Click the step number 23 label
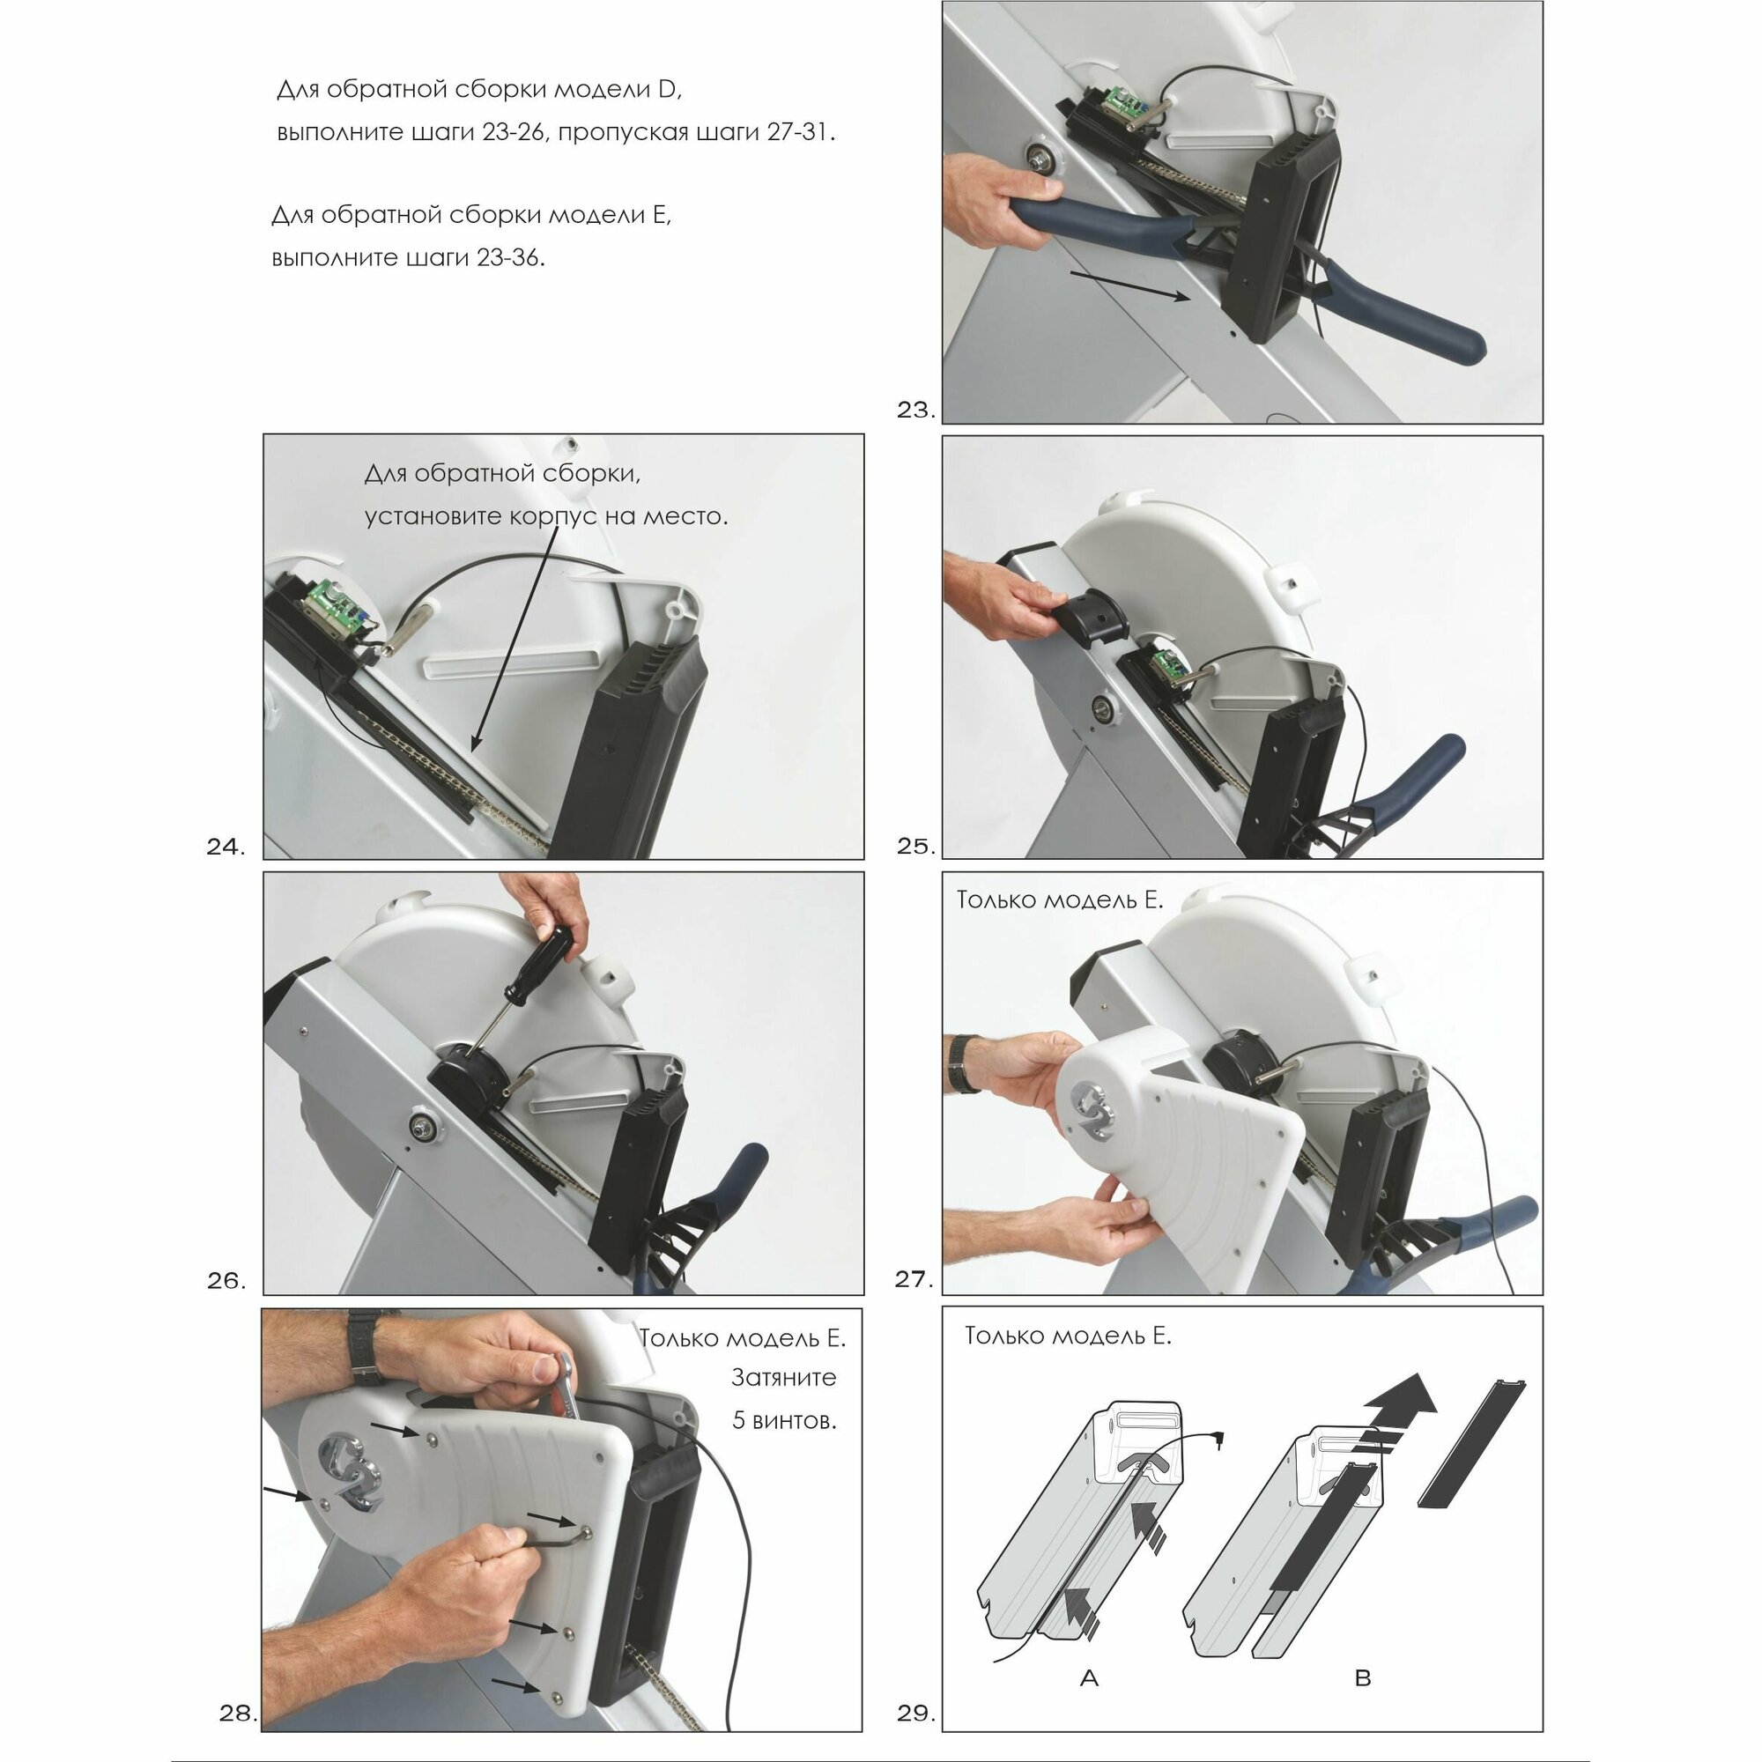916,411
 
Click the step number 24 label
226,848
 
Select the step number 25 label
916,847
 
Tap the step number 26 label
226,1281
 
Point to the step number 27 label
914,1279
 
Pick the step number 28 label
239,1714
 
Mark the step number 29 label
916,1714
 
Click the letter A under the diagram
1089,1677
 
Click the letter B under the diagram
1364,1677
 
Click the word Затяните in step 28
783,1378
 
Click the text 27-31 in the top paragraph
798,132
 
